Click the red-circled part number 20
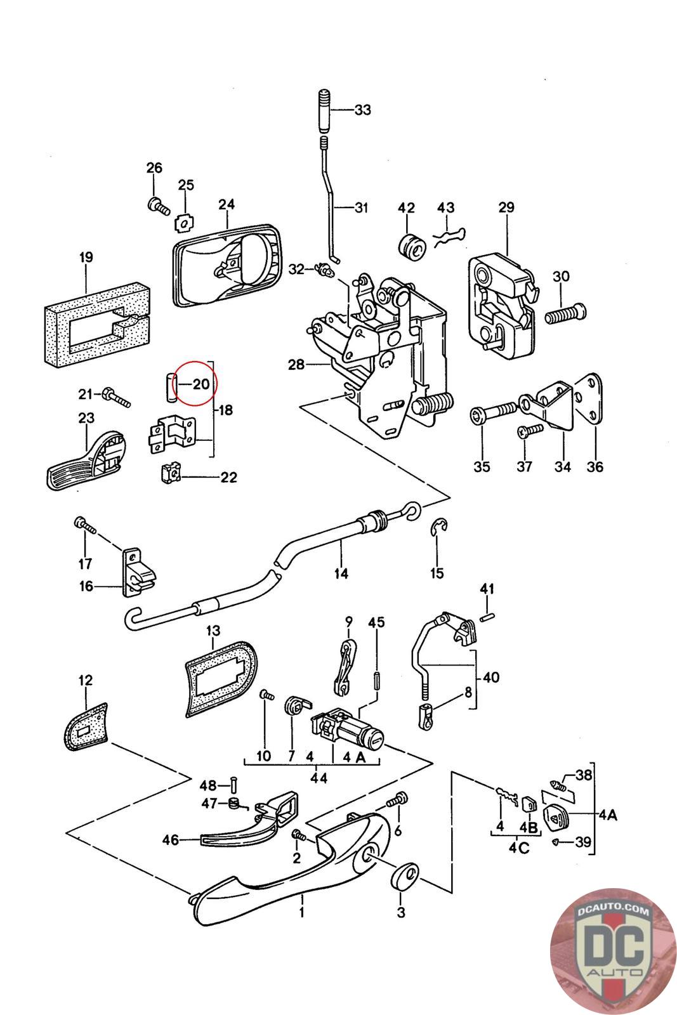tap(200, 384)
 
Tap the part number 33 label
tap(362, 110)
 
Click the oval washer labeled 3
tap(404, 875)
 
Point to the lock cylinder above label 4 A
tap(346, 730)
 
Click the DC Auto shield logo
tap(613, 952)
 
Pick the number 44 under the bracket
tap(319, 778)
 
